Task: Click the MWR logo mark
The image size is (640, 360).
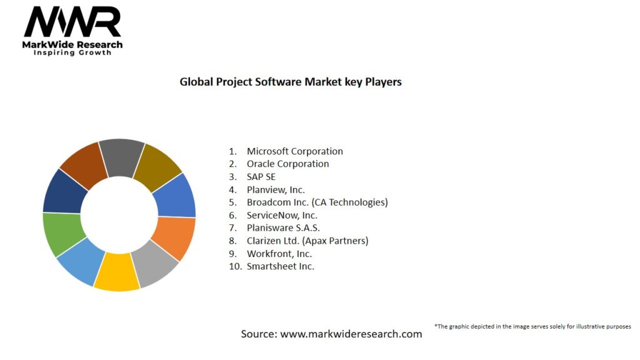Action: [x=72, y=23]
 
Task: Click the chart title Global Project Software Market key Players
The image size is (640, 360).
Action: [x=291, y=82]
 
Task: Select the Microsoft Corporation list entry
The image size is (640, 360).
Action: [x=294, y=151]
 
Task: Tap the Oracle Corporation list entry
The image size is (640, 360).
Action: [x=287, y=164]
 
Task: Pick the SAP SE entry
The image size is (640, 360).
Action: [x=261, y=177]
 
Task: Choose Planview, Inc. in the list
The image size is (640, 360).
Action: [x=276, y=189]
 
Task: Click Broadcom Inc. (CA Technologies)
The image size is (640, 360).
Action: [x=317, y=202]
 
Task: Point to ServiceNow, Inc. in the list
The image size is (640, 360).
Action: [x=282, y=215]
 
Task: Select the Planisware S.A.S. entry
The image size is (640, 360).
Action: [x=283, y=228]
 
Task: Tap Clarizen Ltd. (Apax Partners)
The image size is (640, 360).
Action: [x=307, y=241]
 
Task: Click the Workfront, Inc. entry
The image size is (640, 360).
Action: [x=279, y=254]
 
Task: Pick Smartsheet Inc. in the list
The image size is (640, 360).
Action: [x=281, y=266]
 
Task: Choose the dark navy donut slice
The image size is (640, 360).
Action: [x=61, y=191]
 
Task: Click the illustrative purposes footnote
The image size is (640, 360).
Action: [x=532, y=326]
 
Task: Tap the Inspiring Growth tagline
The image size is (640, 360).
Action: [x=72, y=53]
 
